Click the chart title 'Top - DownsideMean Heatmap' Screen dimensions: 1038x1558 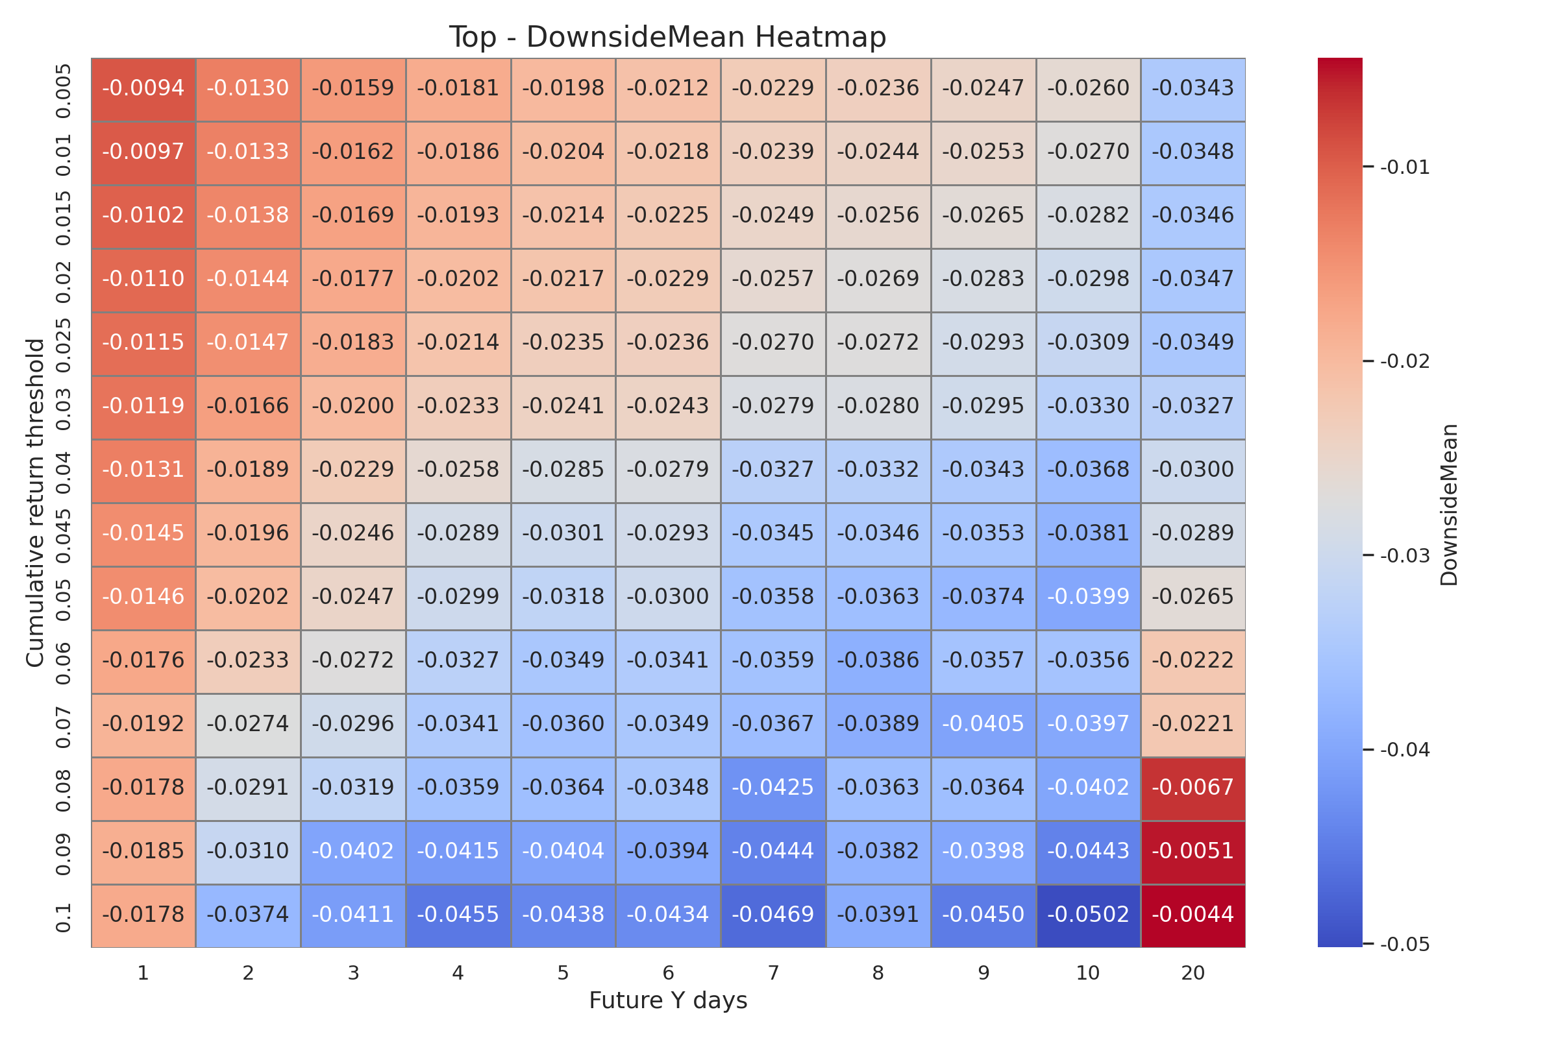[x=667, y=37]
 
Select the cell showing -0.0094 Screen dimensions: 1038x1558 [x=143, y=89]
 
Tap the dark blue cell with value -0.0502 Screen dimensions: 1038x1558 [x=1088, y=915]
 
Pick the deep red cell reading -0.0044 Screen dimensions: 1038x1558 [x=1193, y=915]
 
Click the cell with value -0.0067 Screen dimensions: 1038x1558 [x=1193, y=788]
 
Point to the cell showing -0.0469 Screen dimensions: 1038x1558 [x=773, y=915]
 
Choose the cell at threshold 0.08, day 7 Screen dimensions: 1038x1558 [x=773, y=788]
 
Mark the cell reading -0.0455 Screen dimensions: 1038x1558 [x=458, y=915]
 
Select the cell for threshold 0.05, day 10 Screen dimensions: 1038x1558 [x=1088, y=597]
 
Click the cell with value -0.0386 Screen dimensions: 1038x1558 [x=878, y=660]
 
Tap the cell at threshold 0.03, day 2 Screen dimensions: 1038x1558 [x=248, y=407]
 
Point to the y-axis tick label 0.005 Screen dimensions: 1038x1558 [x=63, y=90]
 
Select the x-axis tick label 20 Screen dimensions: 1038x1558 [x=1193, y=973]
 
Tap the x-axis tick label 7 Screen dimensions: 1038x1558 [x=773, y=973]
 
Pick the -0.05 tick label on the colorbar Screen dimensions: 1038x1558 [x=1404, y=945]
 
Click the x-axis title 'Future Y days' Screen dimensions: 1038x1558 [x=668, y=1000]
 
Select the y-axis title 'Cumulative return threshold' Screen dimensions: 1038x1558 [x=35, y=503]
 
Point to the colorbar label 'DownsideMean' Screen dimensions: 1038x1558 [x=1449, y=505]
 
